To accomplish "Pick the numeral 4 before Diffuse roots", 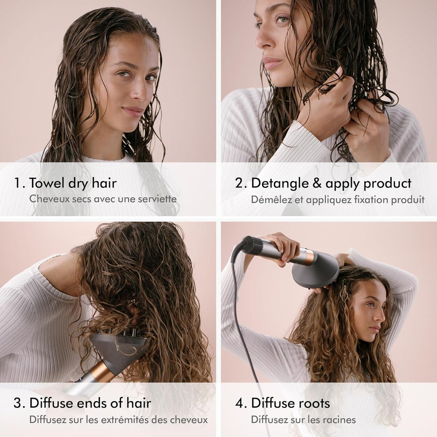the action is (x=239, y=403).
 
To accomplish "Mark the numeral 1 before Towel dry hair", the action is (x=17, y=183).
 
